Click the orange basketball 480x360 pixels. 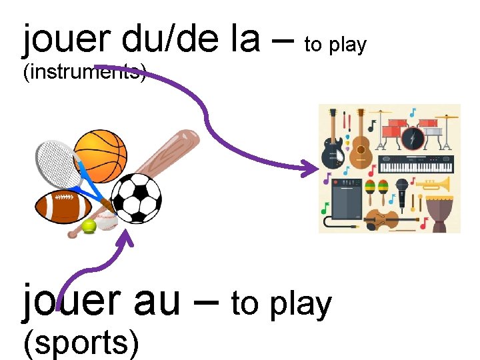tap(100, 155)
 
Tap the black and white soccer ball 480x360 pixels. tap(136, 198)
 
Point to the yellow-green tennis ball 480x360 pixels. tap(89, 227)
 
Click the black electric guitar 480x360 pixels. tap(332, 150)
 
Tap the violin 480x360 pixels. tap(387, 219)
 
